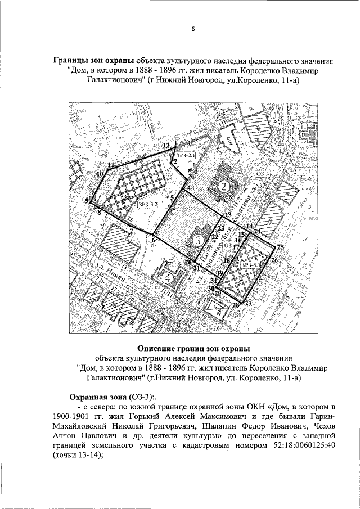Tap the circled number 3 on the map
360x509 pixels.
coord(197,240)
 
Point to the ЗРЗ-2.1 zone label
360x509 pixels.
coord(186,155)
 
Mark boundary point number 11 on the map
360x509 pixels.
coord(111,165)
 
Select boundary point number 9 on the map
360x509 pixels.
coord(87,200)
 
